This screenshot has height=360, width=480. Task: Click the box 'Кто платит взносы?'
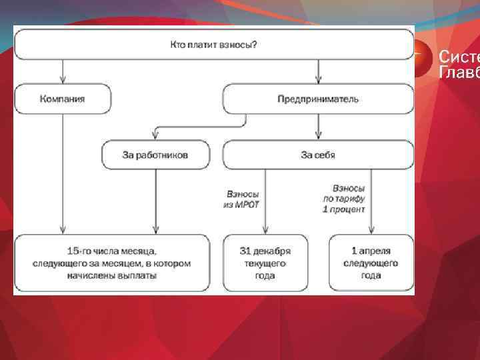point(213,45)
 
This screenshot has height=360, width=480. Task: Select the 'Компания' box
point(63,99)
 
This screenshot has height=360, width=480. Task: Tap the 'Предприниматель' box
point(318,99)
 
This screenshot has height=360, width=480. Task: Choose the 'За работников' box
point(155,155)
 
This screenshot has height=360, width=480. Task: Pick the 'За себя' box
point(318,155)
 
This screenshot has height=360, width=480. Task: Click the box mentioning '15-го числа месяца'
point(112,263)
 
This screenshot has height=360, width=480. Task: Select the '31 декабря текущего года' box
point(265,263)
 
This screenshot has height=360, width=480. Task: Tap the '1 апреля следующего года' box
point(371,263)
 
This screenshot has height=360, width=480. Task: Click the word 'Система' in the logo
point(459,57)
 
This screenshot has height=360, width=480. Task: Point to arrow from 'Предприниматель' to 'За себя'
point(318,127)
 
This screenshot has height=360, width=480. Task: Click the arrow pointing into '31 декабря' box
point(265,200)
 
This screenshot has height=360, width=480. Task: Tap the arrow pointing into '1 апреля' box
point(371,200)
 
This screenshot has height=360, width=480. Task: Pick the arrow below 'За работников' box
point(155,200)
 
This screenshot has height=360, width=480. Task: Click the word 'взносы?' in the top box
point(241,45)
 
